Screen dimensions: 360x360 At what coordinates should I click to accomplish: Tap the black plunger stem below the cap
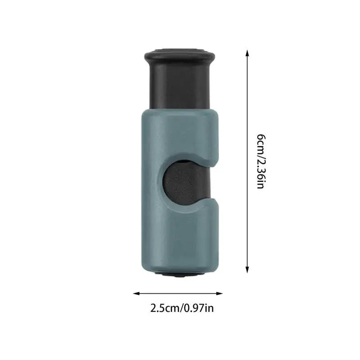(180, 86)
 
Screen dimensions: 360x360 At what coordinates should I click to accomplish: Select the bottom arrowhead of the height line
(247, 270)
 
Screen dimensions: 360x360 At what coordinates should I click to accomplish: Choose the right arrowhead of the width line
(219, 293)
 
